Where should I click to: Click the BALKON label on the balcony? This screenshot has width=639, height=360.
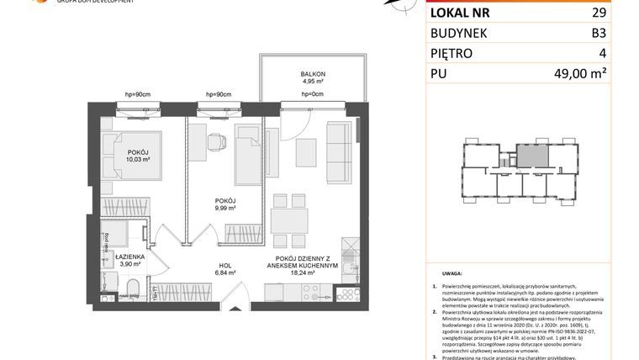tap(313, 74)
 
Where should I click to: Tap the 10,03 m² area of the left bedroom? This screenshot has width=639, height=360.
tap(115, 158)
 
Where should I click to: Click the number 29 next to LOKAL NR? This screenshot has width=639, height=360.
tap(598, 13)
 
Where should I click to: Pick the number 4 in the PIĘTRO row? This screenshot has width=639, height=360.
tap(602, 53)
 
